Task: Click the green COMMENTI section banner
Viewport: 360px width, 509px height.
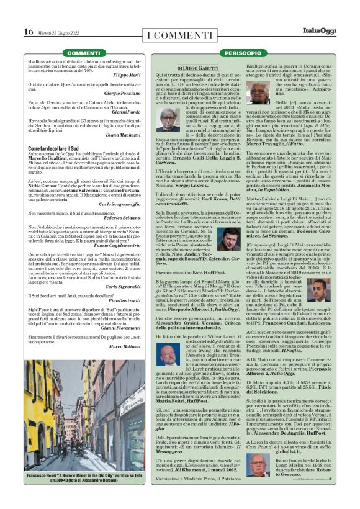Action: [x=83, y=54]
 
